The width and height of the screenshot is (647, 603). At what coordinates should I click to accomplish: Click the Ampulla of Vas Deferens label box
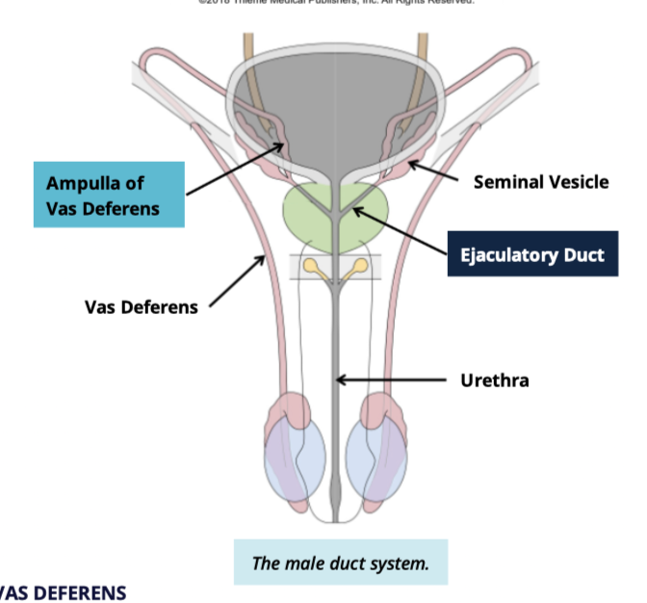pos(108,195)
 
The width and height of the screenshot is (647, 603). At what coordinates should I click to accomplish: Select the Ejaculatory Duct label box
pos(532,255)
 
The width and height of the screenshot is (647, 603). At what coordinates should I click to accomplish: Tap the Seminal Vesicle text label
pos(540,182)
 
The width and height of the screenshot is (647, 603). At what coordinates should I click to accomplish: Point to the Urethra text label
pos(495,380)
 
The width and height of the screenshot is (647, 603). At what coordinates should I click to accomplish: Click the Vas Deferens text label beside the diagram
pos(141,307)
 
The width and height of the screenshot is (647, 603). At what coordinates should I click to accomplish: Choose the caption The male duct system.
pos(340,563)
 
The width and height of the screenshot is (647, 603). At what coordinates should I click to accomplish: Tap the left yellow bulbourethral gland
pos(312,265)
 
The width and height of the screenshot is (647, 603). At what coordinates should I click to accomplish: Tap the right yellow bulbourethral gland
pos(358,265)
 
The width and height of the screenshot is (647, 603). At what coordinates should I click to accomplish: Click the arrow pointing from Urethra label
pos(395,380)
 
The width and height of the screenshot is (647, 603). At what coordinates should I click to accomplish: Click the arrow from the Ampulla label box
pos(236,170)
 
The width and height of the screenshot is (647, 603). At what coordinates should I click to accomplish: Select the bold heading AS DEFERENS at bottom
pos(64,592)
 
